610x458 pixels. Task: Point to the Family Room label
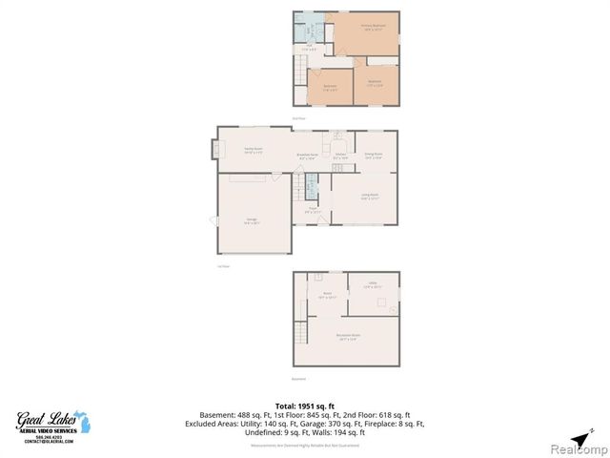(252, 150)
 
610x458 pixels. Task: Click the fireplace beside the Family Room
(214, 150)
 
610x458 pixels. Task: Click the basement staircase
(301, 335)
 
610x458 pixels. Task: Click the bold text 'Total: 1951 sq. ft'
(305, 406)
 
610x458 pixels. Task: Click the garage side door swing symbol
(214, 221)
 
